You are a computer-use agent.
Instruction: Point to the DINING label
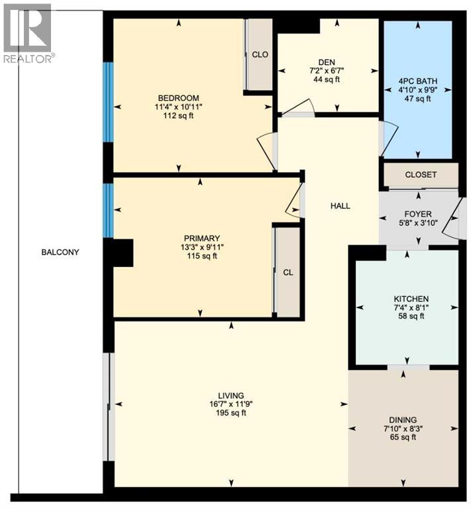tap(403, 420)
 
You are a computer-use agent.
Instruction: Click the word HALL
tap(341, 206)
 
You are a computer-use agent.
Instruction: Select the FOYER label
tap(417, 214)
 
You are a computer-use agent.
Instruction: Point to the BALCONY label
tap(60, 252)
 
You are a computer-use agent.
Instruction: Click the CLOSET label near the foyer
tap(420, 175)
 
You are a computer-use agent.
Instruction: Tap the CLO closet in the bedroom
tap(260, 54)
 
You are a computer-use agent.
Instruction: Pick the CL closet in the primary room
tap(288, 272)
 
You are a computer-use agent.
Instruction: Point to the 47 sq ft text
tap(418, 99)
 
